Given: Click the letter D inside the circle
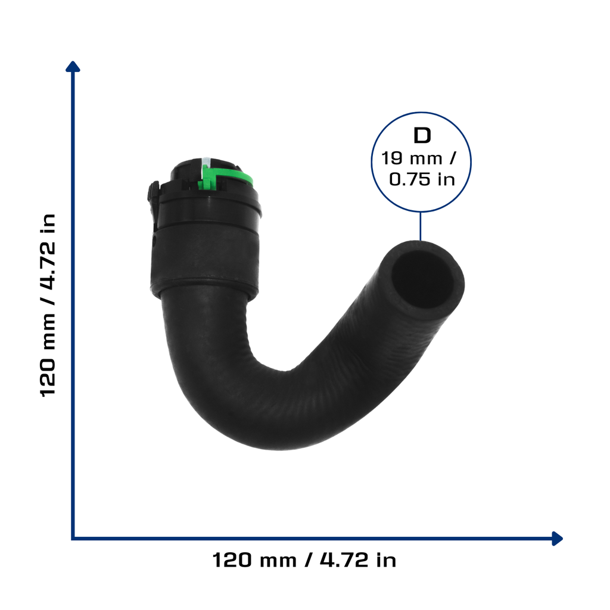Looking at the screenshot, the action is (x=422, y=136).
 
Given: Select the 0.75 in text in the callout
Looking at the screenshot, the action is (x=422, y=179).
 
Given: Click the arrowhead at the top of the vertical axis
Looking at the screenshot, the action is (x=73, y=66).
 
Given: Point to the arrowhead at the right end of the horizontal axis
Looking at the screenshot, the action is (x=558, y=539).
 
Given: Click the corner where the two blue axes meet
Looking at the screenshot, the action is (x=73, y=539).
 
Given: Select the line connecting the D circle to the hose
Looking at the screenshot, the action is (x=420, y=226).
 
